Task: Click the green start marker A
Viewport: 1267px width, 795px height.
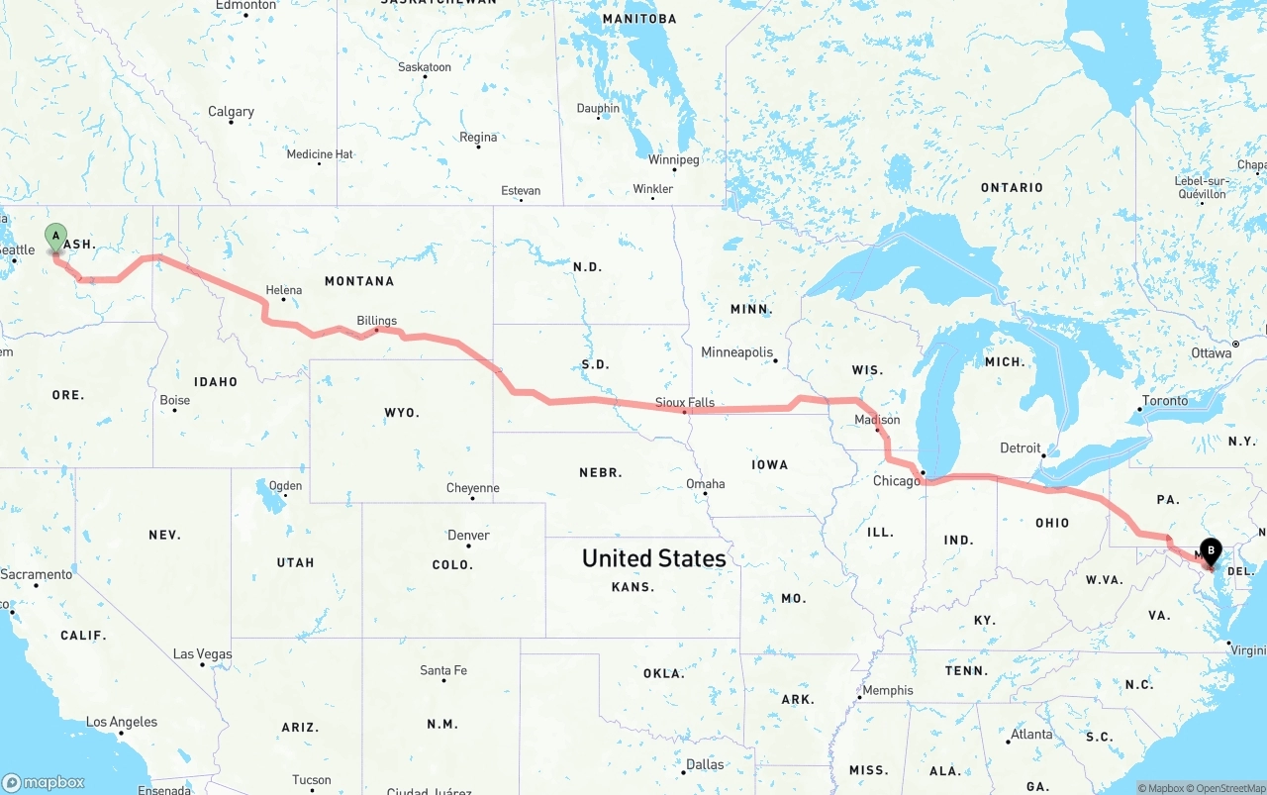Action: click(x=56, y=237)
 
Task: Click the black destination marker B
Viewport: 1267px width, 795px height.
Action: click(x=1210, y=550)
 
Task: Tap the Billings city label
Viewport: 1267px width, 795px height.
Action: click(x=376, y=321)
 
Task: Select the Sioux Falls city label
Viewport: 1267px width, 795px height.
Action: click(x=684, y=403)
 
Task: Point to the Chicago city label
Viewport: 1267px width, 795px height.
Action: click(x=896, y=481)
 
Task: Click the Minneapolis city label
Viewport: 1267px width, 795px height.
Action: click(x=736, y=352)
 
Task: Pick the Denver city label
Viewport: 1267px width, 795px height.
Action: click(x=468, y=536)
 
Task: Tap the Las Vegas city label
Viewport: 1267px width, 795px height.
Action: click(x=202, y=654)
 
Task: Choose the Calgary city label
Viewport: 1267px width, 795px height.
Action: click(x=231, y=112)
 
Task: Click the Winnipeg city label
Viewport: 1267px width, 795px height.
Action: click(x=673, y=160)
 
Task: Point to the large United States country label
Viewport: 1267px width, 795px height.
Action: click(x=653, y=558)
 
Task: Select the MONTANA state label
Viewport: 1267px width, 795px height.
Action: click(x=359, y=281)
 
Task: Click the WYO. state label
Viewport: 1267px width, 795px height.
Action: click(x=402, y=412)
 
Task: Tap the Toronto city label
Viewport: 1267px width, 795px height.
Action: click(x=1164, y=401)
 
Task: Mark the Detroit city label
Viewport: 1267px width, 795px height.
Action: click(x=1020, y=448)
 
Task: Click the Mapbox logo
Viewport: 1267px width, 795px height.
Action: click(x=44, y=782)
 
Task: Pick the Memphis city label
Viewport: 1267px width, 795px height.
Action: click(x=888, y=691)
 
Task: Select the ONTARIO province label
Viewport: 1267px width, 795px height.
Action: click(x=1012, y=187)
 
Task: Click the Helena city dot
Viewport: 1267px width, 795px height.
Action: click(x=284, y=299)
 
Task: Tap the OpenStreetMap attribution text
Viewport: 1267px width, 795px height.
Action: click(x=1228, y=788)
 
